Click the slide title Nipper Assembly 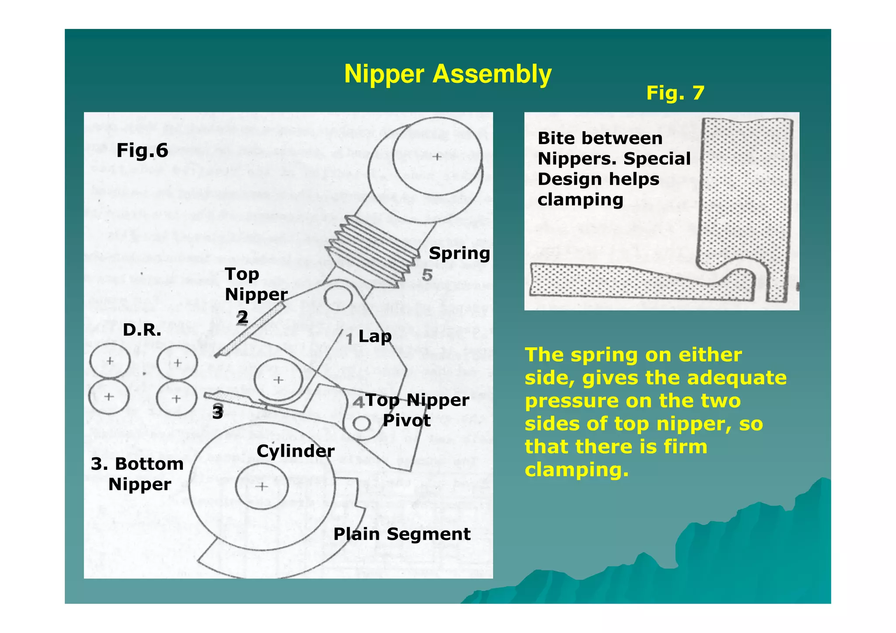(x=447, y=74)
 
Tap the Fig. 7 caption (x=675, y=93)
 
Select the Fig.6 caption (x=142, y=150)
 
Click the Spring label (x=459, y=253)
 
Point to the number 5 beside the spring (x=427, y=275)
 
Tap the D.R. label (x=142, y=330)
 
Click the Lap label (x=374, y=336)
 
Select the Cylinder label (x=295, y=451)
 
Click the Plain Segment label (x=402, y=534)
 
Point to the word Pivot (x=406, y=421)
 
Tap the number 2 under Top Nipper (x=243, y=317)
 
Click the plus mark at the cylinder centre (x=262, y=486)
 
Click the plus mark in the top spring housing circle (x=437, y=157)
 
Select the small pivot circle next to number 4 (x=361, y=423)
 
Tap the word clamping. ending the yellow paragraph (x=576, y=470)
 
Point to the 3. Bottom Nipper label (x=138, y=474)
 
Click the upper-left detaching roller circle (x=110, y=361)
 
